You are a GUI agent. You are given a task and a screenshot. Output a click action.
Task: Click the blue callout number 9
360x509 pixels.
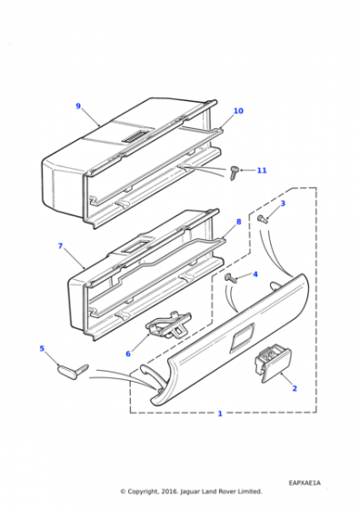(x=78, y=106)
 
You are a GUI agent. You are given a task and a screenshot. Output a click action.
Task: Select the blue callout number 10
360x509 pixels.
(x=238, y=111)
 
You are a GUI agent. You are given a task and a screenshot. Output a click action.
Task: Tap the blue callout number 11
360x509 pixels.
(x=262, y=171)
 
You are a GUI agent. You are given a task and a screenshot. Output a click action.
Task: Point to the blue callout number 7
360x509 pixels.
(x=60, y=246)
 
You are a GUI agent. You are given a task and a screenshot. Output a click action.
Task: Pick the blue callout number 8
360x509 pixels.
(x=239, y=222)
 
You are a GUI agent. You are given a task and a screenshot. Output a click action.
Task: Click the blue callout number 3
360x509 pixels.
(x=283, y=204)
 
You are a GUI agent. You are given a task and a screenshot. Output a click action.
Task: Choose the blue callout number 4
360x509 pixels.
(x=255, y=274)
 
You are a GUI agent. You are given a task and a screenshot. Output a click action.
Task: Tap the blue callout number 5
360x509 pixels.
(x=42, y=349)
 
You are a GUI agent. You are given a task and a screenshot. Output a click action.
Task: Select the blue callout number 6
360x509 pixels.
(x=128, y=354)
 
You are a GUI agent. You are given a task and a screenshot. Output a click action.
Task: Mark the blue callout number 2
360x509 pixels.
(x=295, y=388)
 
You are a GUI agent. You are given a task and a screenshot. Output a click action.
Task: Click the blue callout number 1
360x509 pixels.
(x=220, y=414)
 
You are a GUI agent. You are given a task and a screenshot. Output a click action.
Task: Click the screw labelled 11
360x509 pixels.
(x=234, y=173)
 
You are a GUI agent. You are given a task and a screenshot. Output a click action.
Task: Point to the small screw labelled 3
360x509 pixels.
(x=263, y=219)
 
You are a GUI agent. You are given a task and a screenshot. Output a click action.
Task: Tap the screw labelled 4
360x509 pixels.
(x=230, y=278)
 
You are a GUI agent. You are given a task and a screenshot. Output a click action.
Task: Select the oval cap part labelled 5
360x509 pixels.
(x=73, y=371)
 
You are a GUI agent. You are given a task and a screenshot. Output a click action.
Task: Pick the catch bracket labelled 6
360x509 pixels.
(x=169, y=325)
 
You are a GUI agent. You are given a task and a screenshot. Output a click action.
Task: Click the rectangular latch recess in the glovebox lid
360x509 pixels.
(x=242, y=338)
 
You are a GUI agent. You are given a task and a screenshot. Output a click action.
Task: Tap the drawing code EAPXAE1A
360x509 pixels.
(x=305, y=483)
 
